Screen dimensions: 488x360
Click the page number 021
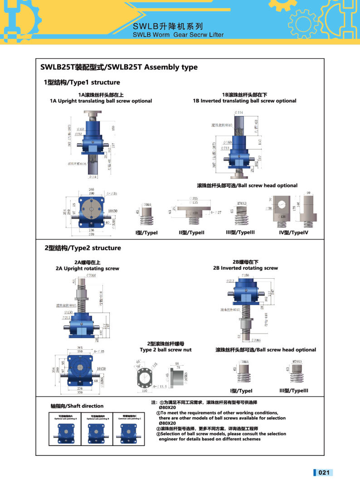coord(324,473)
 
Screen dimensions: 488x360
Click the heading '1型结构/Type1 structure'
coord(82,82)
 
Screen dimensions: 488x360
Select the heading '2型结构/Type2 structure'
coord(83,248)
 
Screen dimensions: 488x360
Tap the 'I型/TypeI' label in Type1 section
coord(146,233)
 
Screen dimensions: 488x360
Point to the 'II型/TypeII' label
coord(191,233)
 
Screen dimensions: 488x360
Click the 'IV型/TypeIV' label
coord(294,233)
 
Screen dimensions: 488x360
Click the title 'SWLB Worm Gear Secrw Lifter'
coord(178,34)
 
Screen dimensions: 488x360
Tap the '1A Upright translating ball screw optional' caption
coord(101,101)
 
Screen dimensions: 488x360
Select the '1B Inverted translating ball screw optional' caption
coord(244,101)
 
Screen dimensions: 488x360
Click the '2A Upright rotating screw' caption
coord(88,268)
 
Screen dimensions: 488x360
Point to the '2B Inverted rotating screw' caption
coord(245,268)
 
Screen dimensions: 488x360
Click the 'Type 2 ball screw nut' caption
coord(165,350)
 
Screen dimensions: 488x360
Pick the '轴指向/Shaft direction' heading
coord(77,406)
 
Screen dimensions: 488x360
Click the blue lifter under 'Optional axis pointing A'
coord(68,434)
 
